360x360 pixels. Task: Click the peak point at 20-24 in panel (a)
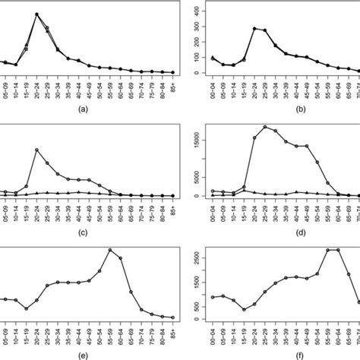click(36, 14)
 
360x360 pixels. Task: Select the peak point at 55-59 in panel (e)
click(110, 250)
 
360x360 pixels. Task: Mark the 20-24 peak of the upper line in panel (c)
click(36, 149)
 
